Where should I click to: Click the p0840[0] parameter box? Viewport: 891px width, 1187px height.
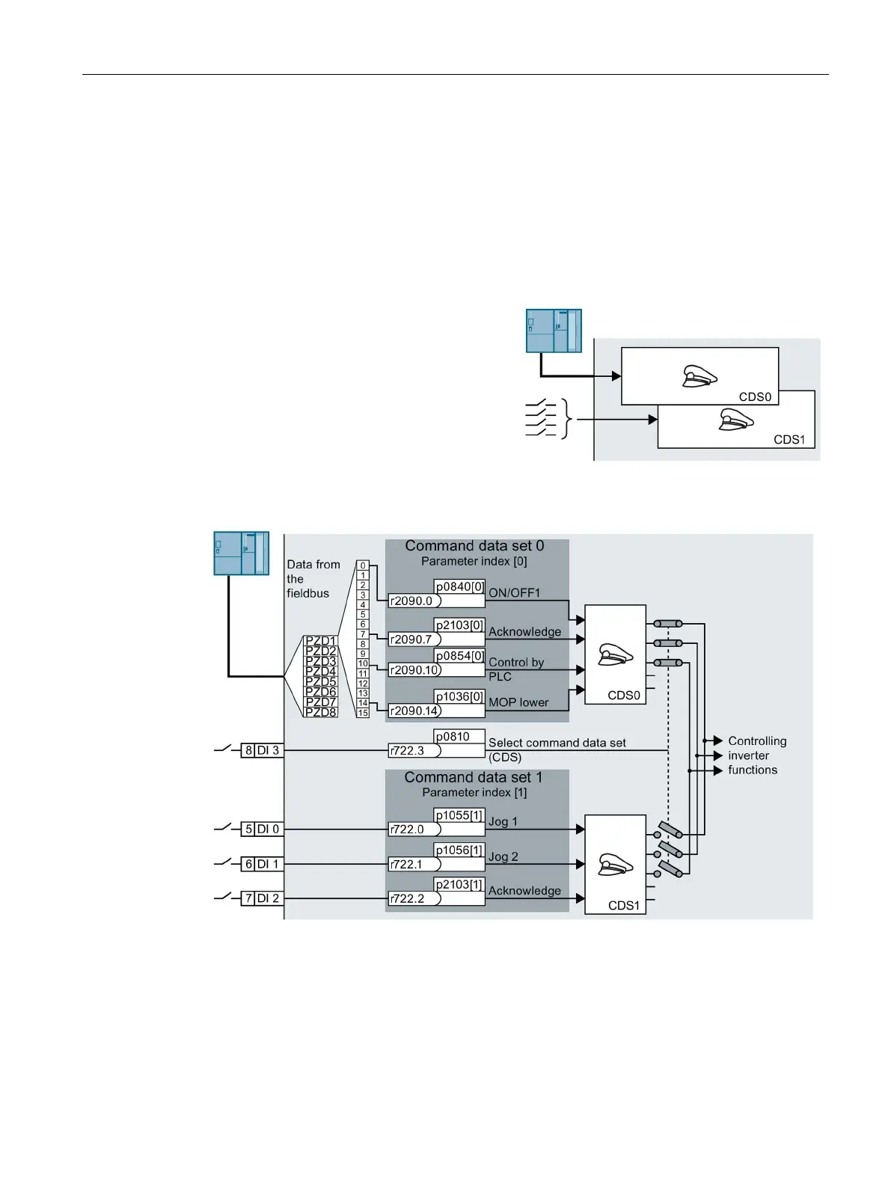(x=459, y=586)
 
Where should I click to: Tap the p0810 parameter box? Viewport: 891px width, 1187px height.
(x=459, y=737)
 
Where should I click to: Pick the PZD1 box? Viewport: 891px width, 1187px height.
(x=321, y=641)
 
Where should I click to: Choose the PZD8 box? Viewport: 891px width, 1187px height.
(x=321, y=712)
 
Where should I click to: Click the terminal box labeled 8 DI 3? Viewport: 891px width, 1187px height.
(x=262, y=750)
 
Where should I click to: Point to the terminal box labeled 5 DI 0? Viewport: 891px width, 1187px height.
(x=262, y=829)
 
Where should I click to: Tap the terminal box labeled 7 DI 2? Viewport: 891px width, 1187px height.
(x=262, y=898)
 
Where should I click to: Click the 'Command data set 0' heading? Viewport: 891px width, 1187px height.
(x=474, y=546)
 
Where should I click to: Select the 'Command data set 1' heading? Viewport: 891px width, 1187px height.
(x=474, y=778)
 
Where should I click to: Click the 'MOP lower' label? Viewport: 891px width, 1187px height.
(x=518, y=702)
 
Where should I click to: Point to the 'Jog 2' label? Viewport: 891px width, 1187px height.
(x=503, y=856)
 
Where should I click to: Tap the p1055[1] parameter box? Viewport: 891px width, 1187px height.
(x=459, y=815)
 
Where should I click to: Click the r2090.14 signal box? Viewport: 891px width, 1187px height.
(x=414, y=711)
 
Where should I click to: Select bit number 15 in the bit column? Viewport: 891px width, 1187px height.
(x=363, y=713)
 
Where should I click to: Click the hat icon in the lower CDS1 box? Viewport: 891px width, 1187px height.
(x=616, y=865)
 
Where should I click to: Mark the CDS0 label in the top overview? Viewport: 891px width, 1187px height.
(x=755, y=397)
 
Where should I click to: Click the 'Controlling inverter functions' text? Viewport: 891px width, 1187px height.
(x=756, y=755)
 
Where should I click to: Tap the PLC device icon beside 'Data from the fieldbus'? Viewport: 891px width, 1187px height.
(x=241, y=553)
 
